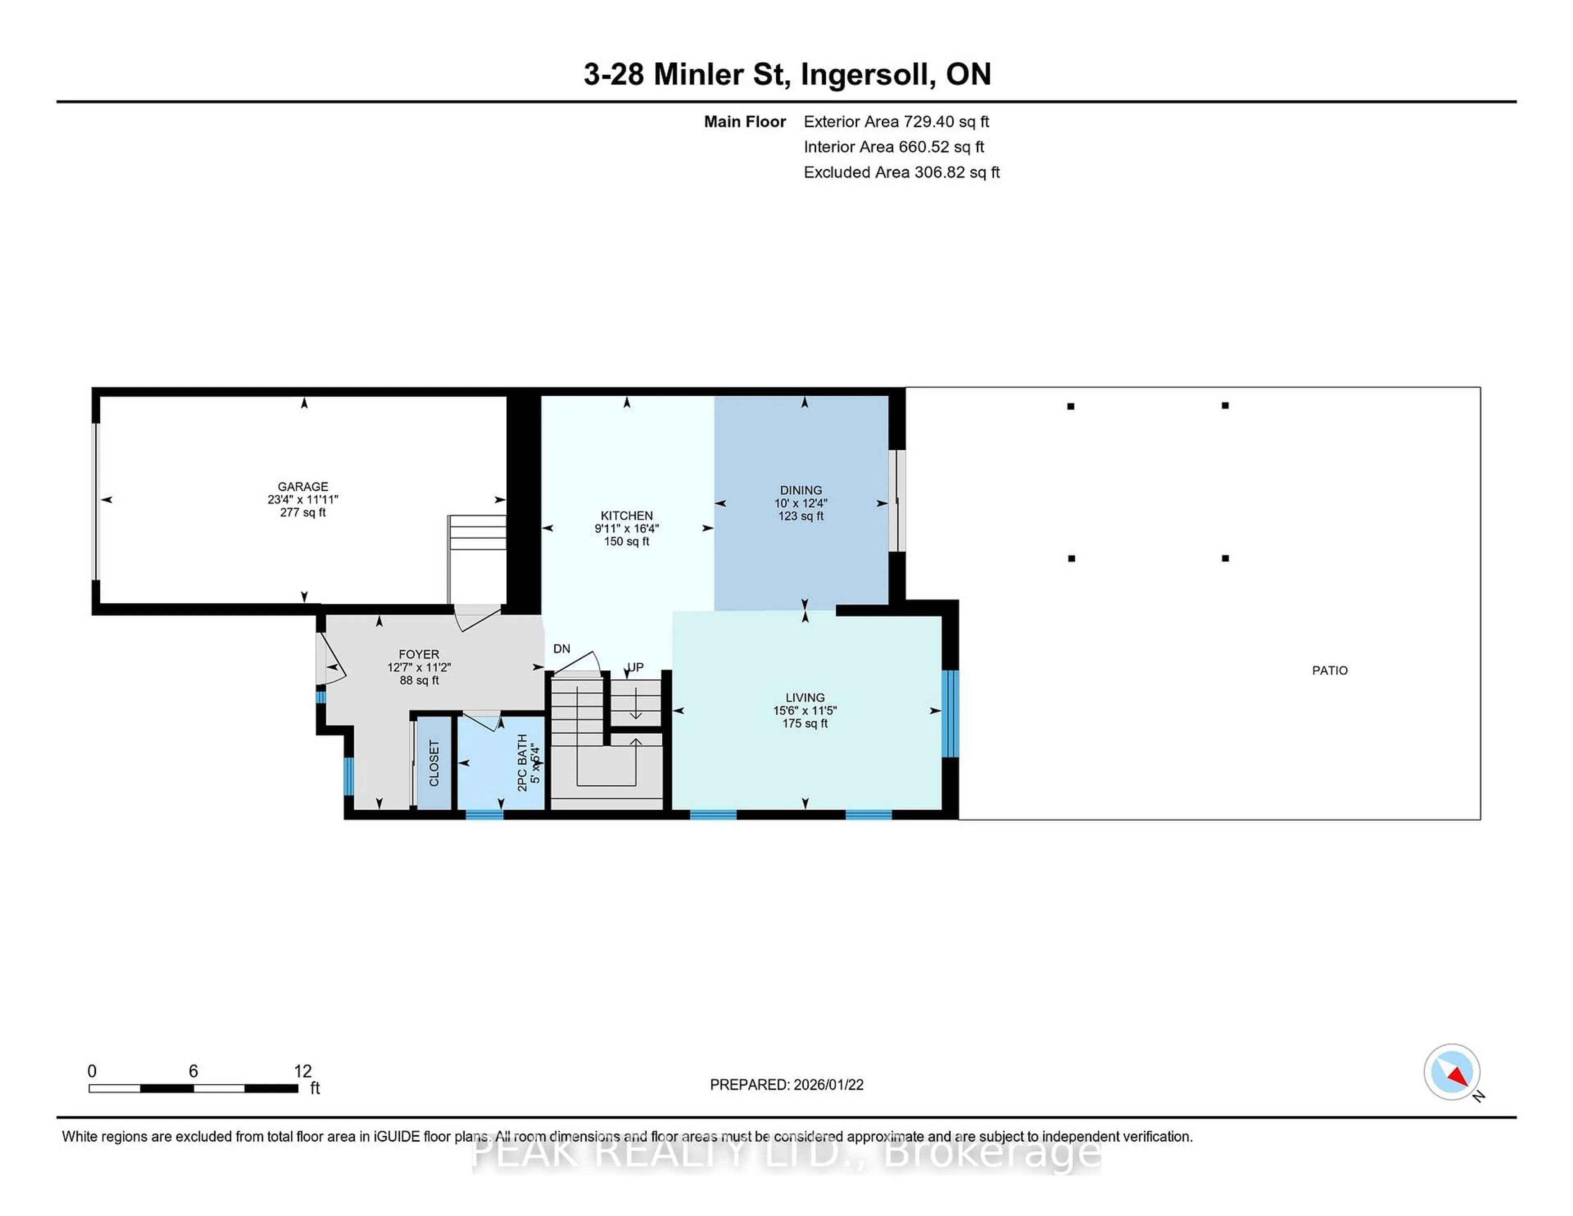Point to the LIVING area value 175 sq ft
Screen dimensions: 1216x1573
point(805,723)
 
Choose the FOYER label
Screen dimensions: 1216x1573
point(419,655)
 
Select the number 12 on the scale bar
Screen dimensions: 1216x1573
point(302,1071)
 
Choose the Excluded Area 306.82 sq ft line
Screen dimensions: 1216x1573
point(901,172)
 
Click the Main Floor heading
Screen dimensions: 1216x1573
point(745,122)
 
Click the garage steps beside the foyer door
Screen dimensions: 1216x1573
point(477,533)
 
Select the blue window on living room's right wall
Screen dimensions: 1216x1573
point(950,714)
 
